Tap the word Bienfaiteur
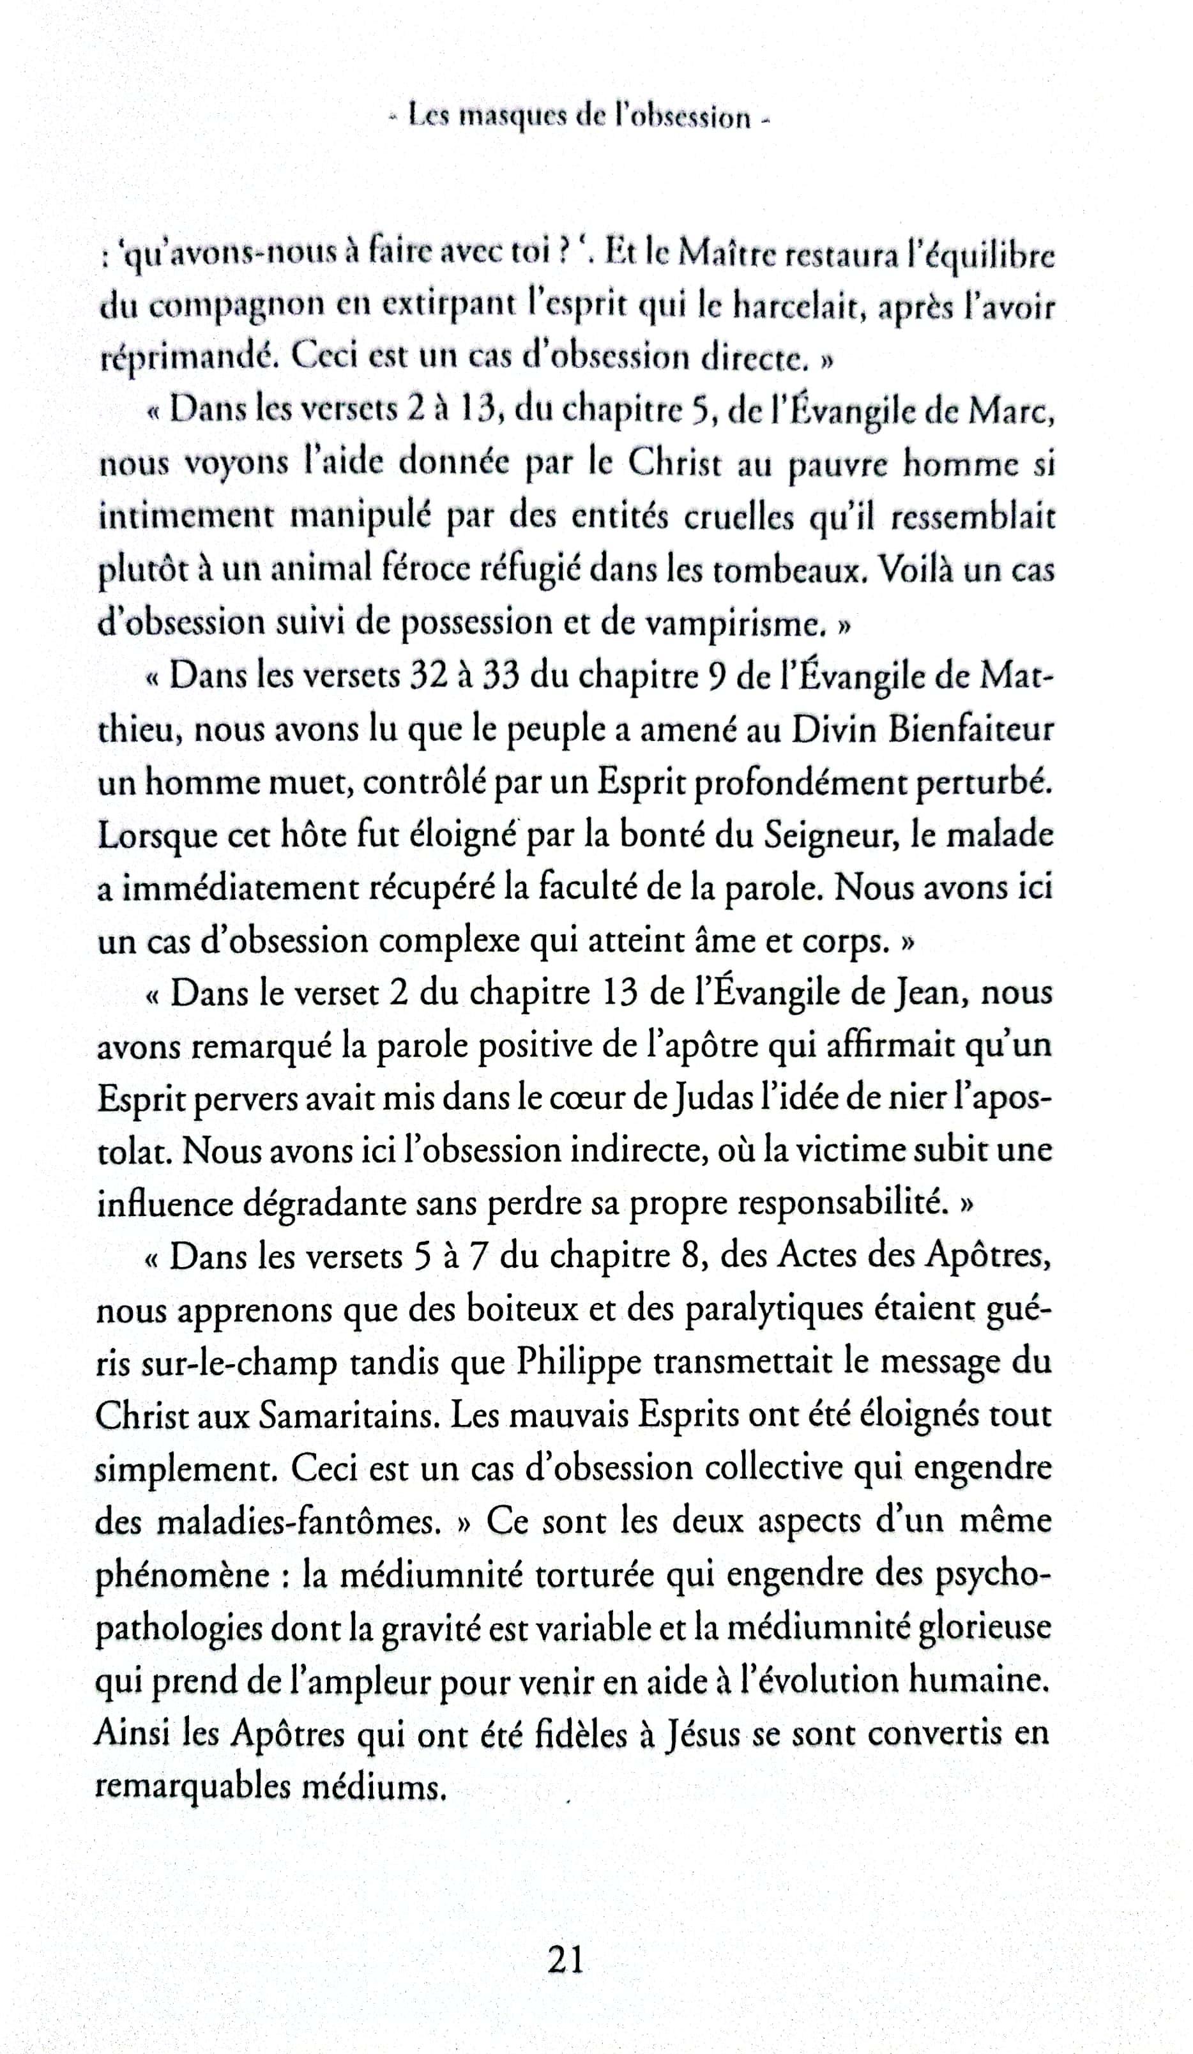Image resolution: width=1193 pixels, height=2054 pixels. pyautogui.click(x=969, y=729)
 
